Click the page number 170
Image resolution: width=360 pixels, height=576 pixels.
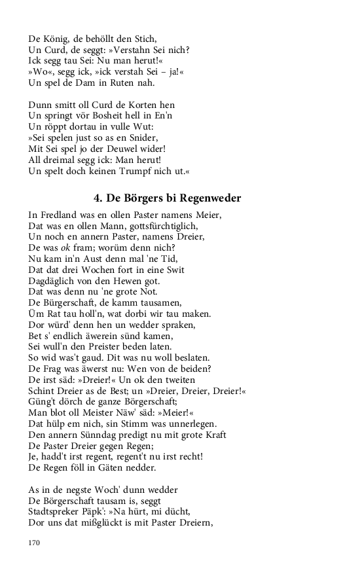coord(35,543)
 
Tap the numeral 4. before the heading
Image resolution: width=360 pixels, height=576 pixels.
coord(98,198)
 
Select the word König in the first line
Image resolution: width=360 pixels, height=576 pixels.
coord(58,38)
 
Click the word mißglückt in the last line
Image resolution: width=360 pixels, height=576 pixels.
coord(107,524)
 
